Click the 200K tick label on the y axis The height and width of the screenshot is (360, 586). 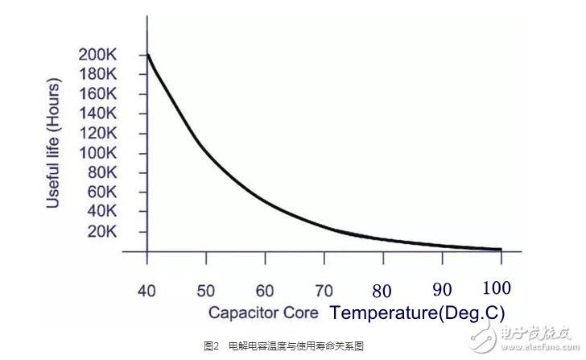pos(98,56)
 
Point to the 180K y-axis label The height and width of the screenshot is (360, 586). pos(98,75)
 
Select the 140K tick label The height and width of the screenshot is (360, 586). pos(98,114)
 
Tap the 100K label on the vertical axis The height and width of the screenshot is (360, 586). pos(98,153)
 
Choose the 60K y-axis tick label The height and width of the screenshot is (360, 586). pos(102,192)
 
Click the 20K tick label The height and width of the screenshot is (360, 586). pos(102,232)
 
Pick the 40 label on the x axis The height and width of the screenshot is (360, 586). pos(146,289)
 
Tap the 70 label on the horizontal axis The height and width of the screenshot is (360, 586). pos(323,289)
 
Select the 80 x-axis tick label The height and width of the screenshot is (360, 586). pos(382,290)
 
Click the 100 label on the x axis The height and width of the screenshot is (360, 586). pos(497,288)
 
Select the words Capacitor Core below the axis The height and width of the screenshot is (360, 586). pos(264,312)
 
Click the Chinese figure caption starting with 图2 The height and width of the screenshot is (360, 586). pos(283,346)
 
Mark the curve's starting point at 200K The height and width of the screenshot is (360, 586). pos(147,55)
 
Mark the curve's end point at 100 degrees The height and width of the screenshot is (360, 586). pos(501,250)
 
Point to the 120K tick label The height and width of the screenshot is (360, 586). pos(98,134)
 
